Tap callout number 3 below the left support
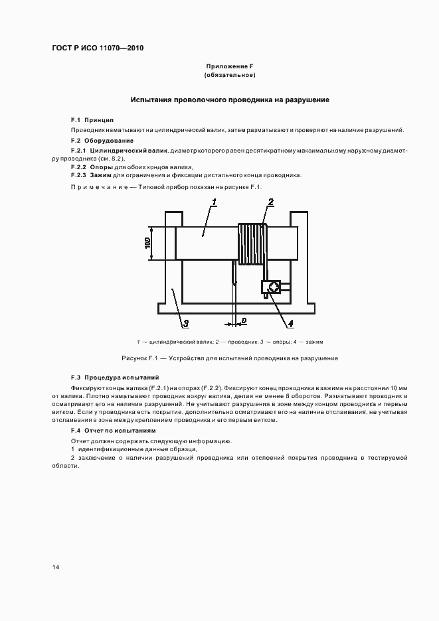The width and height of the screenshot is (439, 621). tap(186, 323)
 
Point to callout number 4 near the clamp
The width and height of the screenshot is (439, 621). tap(290, 323)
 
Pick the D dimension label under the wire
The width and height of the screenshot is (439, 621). tap(244, 320)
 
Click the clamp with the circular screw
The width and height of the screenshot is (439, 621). tap(272, 287)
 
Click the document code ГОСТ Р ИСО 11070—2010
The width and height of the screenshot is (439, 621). tap(98, 48)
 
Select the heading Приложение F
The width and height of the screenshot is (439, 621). tap(230, 66)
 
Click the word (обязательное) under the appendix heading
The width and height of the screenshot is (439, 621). tap(230, 76)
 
